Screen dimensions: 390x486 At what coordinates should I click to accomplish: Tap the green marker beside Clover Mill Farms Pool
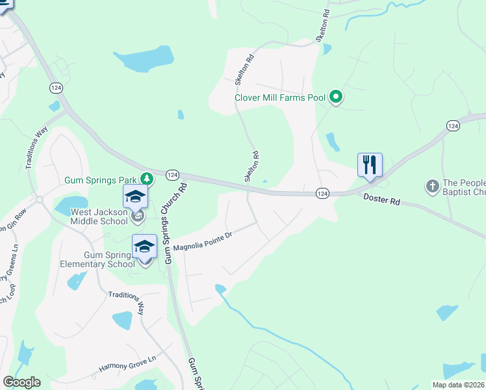(336, 98)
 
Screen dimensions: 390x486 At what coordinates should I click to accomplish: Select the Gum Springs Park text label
(101, 179)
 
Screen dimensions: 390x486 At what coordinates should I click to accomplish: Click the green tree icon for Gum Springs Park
(147, 178)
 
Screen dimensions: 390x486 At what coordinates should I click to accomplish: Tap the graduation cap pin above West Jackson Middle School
(136, 196)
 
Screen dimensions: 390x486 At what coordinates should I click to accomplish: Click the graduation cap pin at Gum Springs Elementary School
(144, 246)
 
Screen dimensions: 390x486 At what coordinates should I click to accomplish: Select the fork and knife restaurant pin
(370, 165)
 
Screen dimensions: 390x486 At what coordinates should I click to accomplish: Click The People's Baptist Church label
(464, 187)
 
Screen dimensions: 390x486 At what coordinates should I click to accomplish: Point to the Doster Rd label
(381, 201)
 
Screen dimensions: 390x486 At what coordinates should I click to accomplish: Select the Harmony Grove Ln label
(128, 363)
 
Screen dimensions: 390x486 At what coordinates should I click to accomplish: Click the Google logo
(21, 382)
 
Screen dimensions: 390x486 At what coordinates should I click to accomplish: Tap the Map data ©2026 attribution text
(458, 385)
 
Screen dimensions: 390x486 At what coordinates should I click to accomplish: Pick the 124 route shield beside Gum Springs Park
(172, 175)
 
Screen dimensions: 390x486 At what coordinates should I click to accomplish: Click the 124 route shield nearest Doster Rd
(322, 194)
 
